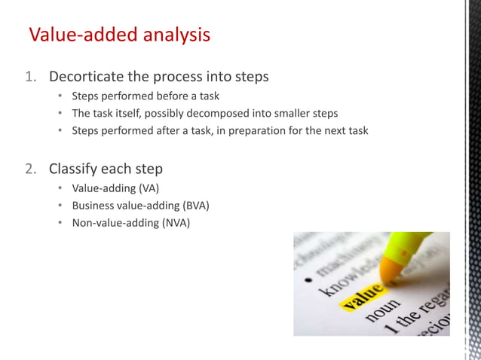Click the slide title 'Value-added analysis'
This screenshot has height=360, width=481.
pos(119,35)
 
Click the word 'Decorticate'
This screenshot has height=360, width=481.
pos(89,77)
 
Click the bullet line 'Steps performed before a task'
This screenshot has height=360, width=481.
pos(146,96)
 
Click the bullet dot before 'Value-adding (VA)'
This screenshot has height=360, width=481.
pos(60,188)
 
